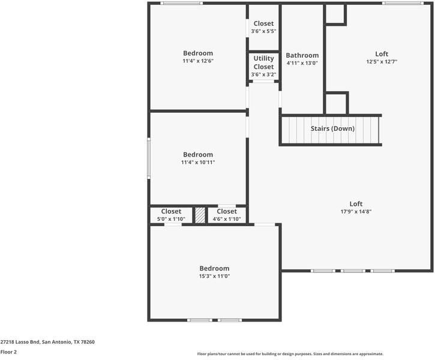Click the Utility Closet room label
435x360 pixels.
[263, 62]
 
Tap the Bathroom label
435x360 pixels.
[302, 55]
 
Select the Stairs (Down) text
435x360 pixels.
[332, 128]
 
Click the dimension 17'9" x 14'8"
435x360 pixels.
[356, 211]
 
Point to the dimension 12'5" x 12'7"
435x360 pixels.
[382, 62]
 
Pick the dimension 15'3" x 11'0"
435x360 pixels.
[214, 276]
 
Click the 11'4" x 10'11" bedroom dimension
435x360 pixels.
[198, 162]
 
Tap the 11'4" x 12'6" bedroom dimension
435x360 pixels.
[198, 61]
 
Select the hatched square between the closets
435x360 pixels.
[200, 215]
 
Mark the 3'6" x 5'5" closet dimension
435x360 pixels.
[263, 31]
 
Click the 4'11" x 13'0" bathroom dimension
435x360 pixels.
[302, 63]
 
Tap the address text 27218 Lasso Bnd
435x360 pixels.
[20, 342]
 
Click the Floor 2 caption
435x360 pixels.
[8, 352]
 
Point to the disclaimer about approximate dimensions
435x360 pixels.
[290, 354]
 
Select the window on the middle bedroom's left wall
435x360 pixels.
[149, 158]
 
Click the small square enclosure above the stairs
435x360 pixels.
[336, 103]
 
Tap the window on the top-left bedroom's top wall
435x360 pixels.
[181, 4]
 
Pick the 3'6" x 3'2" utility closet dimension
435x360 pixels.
[263, 74]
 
